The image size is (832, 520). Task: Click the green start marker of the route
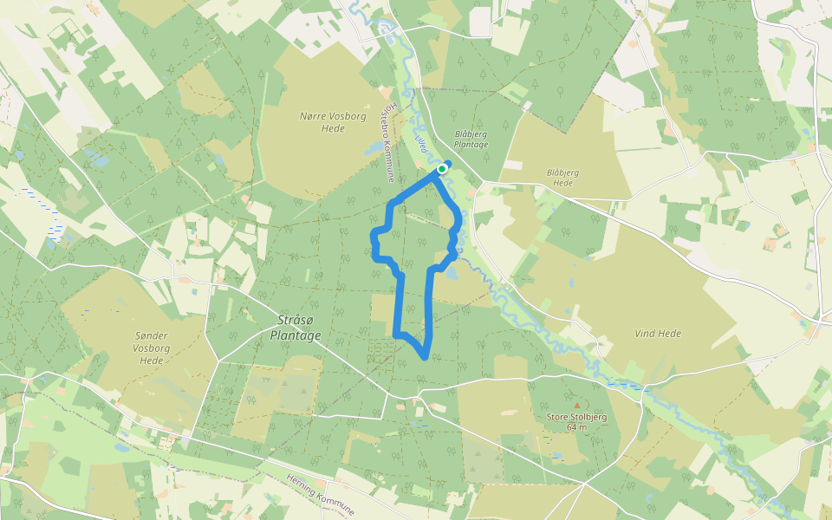pos(442,168)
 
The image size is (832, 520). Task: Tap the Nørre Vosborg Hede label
pos(322,121)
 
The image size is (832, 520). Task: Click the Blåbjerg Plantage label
pos(471,139)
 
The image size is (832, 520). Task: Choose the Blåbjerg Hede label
pos(562,177)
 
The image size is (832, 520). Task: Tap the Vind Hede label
pos(658,334)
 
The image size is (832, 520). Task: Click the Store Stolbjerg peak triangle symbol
pos(576,404)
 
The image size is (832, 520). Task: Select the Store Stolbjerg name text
pos(577,417)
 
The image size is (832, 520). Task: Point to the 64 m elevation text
pos(577,427)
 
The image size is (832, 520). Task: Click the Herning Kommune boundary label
pos(321,495)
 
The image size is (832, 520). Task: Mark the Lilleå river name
pos(423,143)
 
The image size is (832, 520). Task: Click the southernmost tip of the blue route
pos(424,357)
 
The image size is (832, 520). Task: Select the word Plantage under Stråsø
pos(296,336)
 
